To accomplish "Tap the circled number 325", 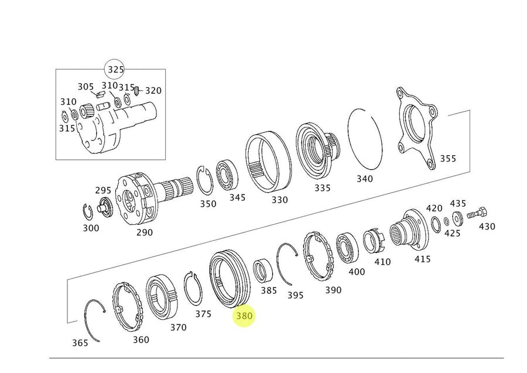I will click(115, 70).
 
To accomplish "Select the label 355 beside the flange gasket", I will click(448, 158).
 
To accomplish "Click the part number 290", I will click(144, 232).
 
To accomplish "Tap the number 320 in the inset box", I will click(153, 91).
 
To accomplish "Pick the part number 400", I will click(356, 271).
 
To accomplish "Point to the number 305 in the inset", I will click(85, 87).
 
